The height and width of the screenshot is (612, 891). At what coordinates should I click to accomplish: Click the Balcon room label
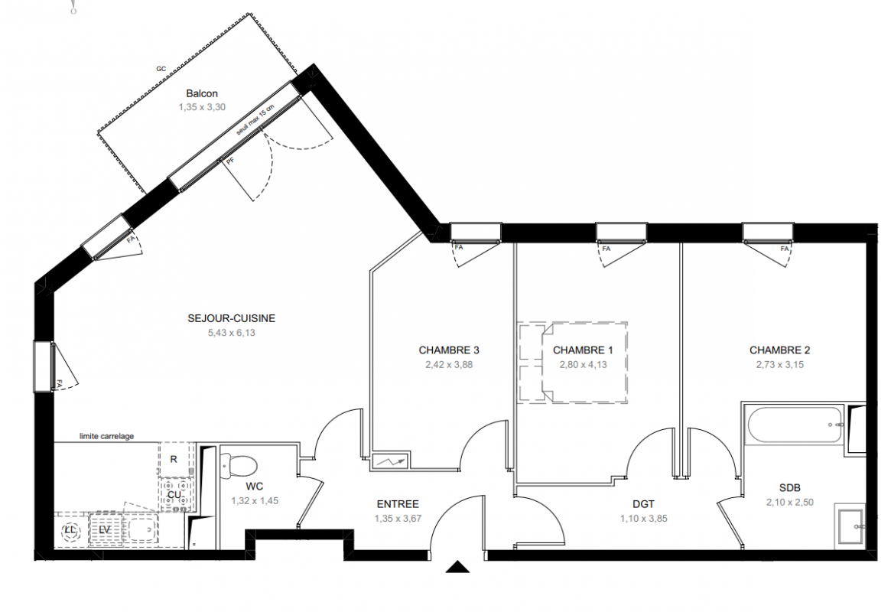202,94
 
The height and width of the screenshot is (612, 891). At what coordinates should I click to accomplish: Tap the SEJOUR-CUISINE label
231,318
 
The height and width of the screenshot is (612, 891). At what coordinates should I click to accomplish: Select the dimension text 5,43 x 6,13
231,333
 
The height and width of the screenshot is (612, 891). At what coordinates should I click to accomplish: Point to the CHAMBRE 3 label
449,350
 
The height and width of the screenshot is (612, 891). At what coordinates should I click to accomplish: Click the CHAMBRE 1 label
583,350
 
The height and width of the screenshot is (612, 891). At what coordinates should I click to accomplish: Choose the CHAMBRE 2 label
779,350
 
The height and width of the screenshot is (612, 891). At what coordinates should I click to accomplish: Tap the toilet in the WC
238,466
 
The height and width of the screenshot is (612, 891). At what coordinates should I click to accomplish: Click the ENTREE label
398,504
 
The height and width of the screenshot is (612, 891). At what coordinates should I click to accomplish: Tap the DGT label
643,504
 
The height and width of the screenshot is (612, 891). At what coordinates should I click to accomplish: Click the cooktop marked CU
175,494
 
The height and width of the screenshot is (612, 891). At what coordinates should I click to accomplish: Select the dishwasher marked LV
105,530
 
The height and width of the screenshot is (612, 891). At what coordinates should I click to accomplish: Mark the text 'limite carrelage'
107,436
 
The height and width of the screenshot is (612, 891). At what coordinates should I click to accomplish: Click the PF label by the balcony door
230,161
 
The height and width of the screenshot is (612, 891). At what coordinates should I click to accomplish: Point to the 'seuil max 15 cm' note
256,119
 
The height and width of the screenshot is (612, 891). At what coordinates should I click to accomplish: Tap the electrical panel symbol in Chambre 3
390,461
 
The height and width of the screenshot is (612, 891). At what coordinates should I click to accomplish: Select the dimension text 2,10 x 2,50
790,503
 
